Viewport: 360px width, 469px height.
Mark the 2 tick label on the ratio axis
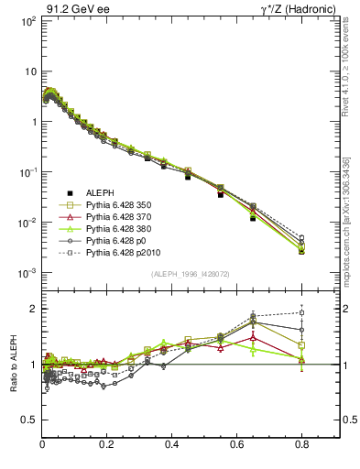tap(33, 309)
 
